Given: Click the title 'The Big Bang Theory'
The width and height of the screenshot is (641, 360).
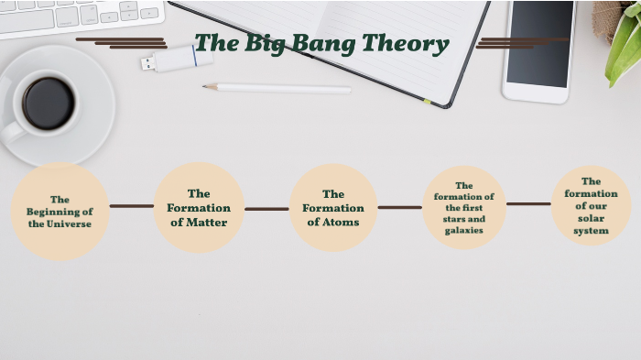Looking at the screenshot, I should (x=321, y=43).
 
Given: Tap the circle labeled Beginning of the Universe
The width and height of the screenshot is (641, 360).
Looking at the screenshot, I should (x=60, y=211).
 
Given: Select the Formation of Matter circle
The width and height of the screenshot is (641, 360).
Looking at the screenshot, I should (x=199, y=208).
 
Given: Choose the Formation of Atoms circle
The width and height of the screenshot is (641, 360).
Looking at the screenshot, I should (x=333, y=208).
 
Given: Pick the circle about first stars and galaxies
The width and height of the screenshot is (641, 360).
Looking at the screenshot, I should (x=464, y=208).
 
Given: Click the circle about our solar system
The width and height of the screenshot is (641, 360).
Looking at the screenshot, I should (x=591, y=206).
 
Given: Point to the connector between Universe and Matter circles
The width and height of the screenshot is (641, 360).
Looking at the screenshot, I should (x=131, y=206).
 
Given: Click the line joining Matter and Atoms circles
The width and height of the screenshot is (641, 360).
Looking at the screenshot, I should (x=266, y=209).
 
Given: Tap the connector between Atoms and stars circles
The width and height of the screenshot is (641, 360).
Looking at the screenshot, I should (x=399, y=207).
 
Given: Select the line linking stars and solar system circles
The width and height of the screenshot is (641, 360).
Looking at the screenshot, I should (x=528, y=204).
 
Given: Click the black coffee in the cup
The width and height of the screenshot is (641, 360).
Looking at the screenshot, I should (x=48, y=103).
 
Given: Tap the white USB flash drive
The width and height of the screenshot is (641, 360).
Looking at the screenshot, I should (x=178, y=60).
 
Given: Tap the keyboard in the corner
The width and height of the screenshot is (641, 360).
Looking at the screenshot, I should (x=78, y=15).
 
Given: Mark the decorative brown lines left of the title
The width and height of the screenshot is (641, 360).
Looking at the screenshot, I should (x=124, y=42).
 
